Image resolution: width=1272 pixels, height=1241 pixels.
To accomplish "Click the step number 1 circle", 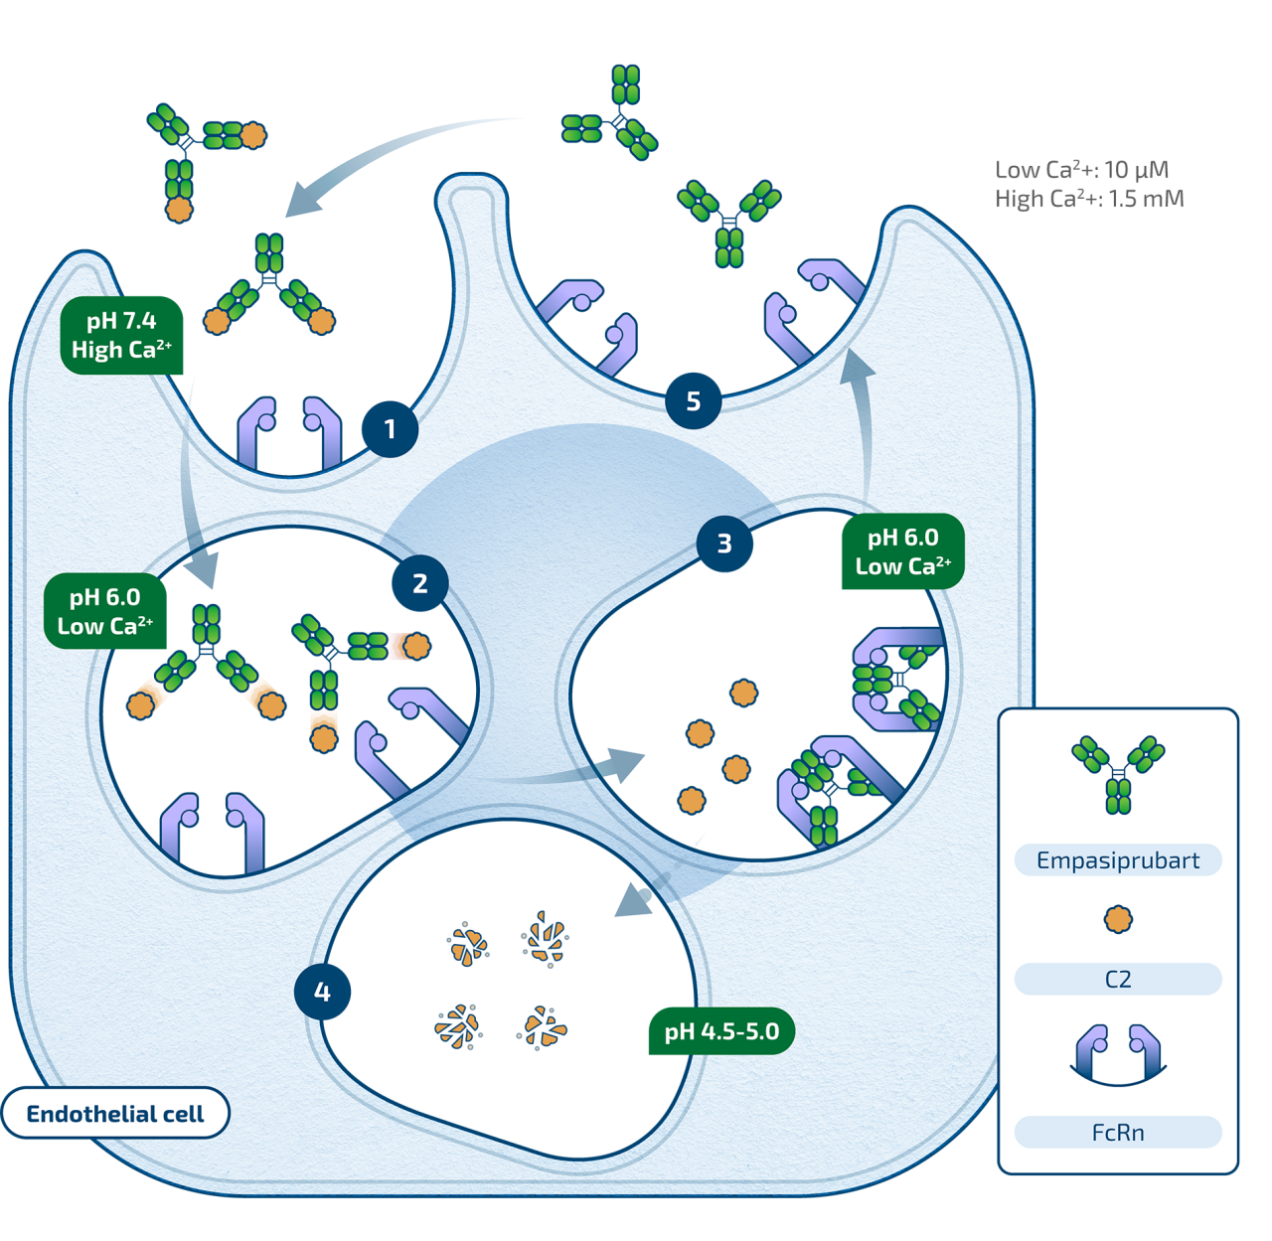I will [390, 429].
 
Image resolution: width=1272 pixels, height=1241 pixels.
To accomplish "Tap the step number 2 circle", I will [420, 584].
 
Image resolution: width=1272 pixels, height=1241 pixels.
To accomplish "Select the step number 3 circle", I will [724, 543].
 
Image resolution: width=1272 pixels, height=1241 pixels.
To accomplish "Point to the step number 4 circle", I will [322, 992].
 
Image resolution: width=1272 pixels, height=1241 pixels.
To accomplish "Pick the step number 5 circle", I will [694, 401].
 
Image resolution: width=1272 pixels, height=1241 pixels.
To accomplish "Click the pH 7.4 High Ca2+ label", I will [121, 336].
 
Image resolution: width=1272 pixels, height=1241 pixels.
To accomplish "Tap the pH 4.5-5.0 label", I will [721, 1032].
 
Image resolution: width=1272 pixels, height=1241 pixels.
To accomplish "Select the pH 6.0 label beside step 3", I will [902, 552].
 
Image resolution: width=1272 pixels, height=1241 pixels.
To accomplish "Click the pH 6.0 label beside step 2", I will [105, 612].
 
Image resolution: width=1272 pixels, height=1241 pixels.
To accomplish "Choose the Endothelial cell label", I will [115, 1114].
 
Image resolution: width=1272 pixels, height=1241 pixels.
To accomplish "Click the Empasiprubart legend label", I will [1118, 860].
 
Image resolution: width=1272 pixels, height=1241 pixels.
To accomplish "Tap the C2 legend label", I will [1118, 980].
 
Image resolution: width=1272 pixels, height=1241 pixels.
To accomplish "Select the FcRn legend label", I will [1118, 1133].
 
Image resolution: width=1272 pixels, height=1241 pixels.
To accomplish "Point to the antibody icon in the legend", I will [1118, 775].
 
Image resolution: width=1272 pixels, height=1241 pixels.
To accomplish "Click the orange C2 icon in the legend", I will [1118, 919].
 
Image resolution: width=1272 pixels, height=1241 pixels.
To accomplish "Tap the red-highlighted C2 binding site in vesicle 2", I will [400, 646].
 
